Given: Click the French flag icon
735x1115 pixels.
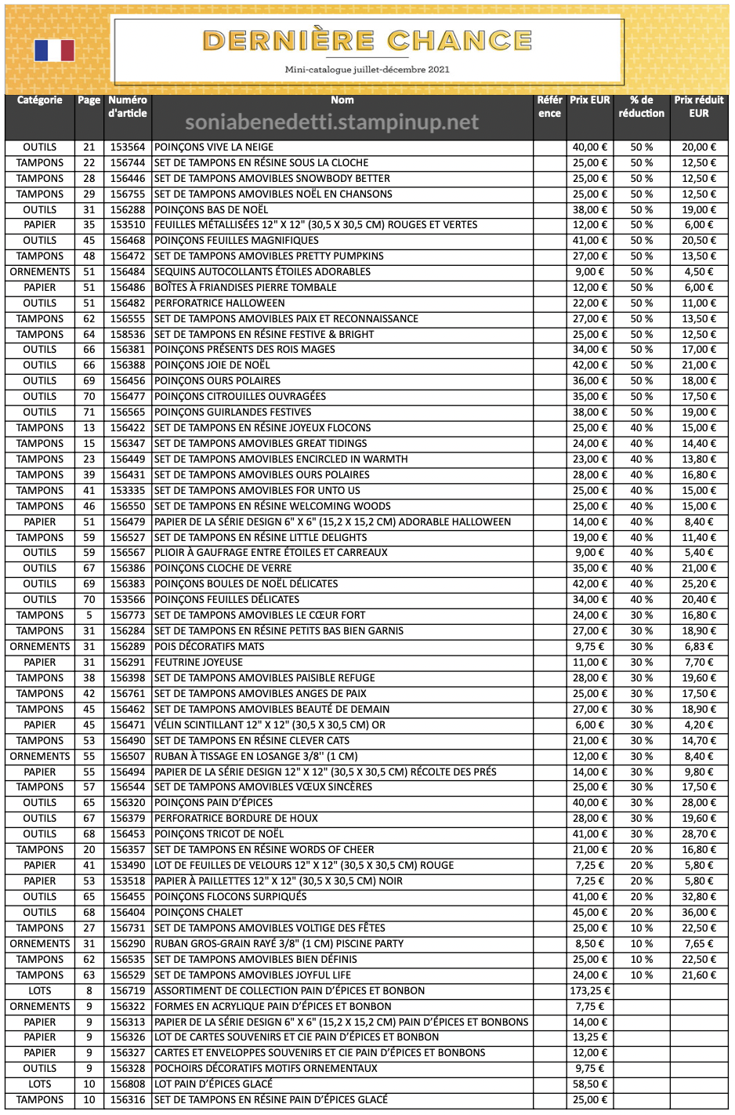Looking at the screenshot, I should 54,50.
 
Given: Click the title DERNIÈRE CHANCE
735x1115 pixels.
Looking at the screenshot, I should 367,41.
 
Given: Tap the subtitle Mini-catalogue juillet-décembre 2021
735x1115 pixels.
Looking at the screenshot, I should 367,70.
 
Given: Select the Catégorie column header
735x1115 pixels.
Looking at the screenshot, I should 40,100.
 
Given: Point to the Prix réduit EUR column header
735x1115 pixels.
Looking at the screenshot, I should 698,107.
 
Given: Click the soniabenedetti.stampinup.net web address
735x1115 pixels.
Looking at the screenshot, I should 331,123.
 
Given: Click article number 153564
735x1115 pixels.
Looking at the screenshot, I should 128,147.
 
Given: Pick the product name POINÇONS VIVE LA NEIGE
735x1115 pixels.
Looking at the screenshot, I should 214,147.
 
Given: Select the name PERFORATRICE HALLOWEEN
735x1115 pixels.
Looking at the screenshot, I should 219,303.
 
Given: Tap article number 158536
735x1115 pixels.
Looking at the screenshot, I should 128,335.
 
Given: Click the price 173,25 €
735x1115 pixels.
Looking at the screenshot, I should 590,991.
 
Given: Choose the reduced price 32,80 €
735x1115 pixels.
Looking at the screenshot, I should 698,897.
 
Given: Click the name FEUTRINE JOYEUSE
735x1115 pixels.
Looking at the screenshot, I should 198,663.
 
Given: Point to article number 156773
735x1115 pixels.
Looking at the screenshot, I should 128,616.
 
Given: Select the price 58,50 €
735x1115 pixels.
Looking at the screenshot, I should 590,1084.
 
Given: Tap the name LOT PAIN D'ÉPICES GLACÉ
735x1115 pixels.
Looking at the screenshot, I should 213,1084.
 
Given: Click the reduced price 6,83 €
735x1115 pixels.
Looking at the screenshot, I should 698,647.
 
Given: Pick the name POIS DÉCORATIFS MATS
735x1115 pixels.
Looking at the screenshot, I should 209,647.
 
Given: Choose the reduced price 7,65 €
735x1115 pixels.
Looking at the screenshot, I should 698,944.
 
